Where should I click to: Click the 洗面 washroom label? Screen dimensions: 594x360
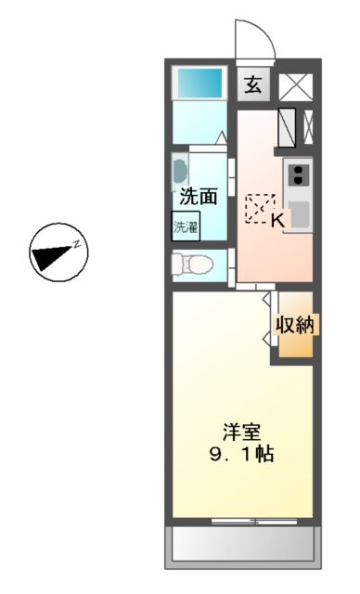click(198, 196)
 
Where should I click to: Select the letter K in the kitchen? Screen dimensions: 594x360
click(276, 220)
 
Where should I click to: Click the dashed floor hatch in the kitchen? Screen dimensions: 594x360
click(259, 208)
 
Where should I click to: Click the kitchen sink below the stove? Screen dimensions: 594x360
click(299, 213)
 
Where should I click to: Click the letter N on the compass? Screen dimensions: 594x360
click(79, 246)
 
